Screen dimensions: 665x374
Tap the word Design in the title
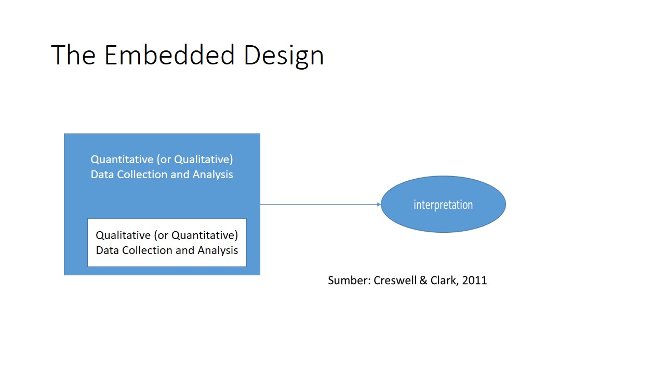[284, 57]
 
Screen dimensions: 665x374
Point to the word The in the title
[73, 55]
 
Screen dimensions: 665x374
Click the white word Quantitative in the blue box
[122, 159]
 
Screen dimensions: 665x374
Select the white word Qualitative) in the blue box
[204, 159]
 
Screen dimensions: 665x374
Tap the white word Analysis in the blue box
[212, 175]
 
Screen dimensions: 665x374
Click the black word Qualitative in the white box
[123, 235]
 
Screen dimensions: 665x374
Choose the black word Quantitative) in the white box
[205, 235]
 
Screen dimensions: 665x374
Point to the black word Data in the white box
[107, 250]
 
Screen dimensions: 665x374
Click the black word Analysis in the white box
[218, 251]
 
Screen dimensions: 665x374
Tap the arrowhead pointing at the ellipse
[379, 204]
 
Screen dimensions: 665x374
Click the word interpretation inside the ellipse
[443, 205]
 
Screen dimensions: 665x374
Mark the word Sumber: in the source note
[350, 280]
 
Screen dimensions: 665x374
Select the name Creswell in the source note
[395, 280]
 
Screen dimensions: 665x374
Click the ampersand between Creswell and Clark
[423, 280]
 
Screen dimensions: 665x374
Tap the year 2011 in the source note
[474, 280]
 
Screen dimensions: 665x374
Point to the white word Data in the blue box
[102, 174]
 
